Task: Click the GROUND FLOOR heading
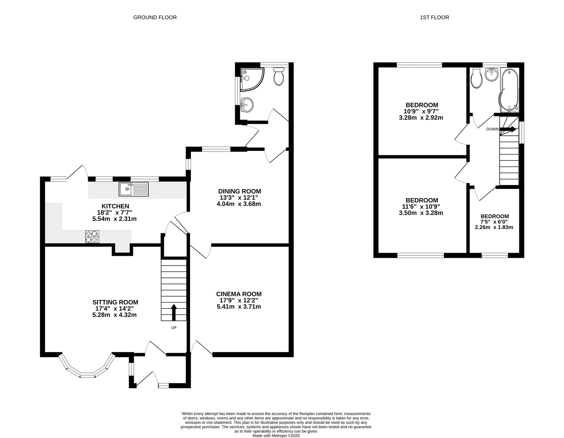click(155, 17)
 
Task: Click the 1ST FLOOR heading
click(435, 17)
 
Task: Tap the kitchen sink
click(134, 189)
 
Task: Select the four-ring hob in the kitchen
click(92, 237)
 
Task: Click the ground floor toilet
click(278, 76)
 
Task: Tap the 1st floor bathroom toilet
click(477, 78)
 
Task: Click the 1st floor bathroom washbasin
click(492, 74)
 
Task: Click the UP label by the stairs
click(174, 328)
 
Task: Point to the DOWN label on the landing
click(492, 129)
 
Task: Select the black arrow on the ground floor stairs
click(174, 312)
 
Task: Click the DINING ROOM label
click(240, 191)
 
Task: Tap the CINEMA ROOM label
click(239, 294)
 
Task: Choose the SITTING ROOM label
click(115, 302)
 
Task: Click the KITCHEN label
click(115, 206)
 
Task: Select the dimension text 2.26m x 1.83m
click(494, 227)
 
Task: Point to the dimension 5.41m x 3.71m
click(239, 307)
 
